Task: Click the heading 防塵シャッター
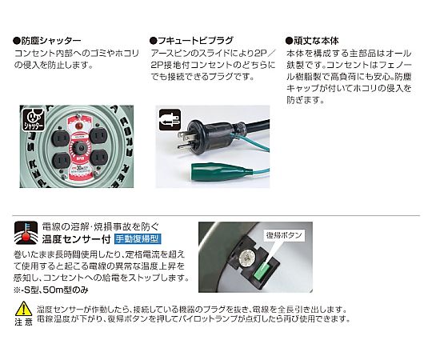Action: (x=47, y=41)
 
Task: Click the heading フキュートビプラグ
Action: (x=191, y=41)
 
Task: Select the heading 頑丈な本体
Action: (x=312, y=41)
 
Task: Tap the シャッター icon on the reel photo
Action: (x=34, y=119)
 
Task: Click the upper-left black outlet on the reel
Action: (x=60, y=138)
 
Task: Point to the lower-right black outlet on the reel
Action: (x=98, y=158)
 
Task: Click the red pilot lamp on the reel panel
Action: (x=78, y=126)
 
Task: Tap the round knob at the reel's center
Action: (x=81, y=149)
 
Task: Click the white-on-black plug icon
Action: (x=170, y=119)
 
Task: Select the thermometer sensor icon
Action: (x=26, y=233)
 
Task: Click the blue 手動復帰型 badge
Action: (x=138, y=239)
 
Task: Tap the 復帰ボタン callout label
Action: (x=284, y=235)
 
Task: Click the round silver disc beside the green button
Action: (x=246, y=258)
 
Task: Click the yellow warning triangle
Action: (x=24, y=309)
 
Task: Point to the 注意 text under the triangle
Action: (x=24, y=322)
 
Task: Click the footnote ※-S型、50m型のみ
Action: (x=51, y=290)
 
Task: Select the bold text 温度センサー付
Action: (x=76, y=239)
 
